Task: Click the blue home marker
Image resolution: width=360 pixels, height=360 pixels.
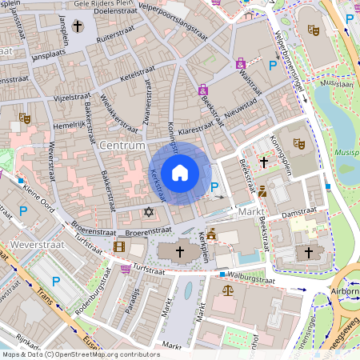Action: tap(180, 172)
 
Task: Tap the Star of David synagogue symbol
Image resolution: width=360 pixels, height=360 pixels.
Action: tap(148, 212)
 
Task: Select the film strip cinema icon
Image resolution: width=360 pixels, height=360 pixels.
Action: tap(119, 248)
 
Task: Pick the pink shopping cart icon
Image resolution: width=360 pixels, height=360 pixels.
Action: tap(126, 269)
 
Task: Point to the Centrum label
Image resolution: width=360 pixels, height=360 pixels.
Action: tap(124, 146)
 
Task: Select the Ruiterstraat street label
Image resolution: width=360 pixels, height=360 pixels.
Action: tap(114, 38)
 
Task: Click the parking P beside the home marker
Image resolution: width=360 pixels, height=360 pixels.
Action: tap(214, 188)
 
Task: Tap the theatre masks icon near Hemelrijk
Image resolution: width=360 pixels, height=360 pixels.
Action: tap(25, 118)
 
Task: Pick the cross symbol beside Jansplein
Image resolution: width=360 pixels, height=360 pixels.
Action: tap(78, 27)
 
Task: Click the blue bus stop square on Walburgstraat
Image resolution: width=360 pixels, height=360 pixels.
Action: tap(222, 274)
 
